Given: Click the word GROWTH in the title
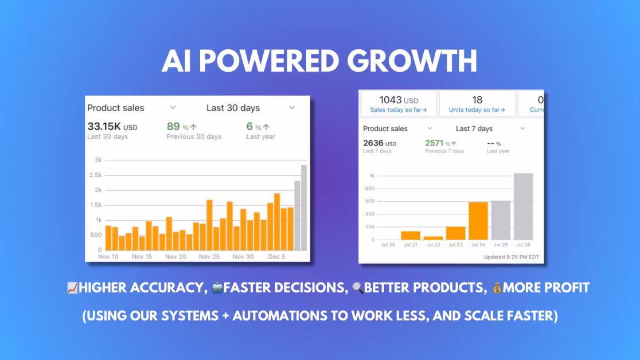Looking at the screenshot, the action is (x=412, y=61).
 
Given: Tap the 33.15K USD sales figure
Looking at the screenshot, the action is (x=112, y=127).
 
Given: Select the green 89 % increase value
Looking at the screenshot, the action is (x=182, y=127).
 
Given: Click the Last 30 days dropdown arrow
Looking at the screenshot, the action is (x=292, y=108).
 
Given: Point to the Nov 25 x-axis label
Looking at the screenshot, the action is (x=209, y=257).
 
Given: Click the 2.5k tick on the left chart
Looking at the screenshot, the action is (x=96, y=175).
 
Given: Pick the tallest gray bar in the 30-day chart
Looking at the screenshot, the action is (x=304, y=208).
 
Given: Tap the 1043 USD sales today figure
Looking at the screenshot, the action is (x=399, y=100).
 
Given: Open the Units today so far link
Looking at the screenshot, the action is (x=477, y=110).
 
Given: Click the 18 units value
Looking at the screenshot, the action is (x=477, y=100).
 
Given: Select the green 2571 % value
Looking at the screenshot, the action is (x=440, y=143).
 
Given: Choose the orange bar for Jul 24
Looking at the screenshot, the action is (x=478, y=221).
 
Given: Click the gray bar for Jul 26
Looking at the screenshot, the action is (x=523, y=206).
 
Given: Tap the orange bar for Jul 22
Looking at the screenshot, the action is (x=433, y=238).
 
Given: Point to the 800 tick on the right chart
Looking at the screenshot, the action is (x=370, y=189).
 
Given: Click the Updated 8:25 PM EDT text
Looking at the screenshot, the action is (x=511, y=257).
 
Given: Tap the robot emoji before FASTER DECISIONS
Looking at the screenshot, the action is (x=217, y=288).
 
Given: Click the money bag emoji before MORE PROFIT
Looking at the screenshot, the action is (x=497, y=288).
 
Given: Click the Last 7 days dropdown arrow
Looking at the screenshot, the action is (x=522, y=128).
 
